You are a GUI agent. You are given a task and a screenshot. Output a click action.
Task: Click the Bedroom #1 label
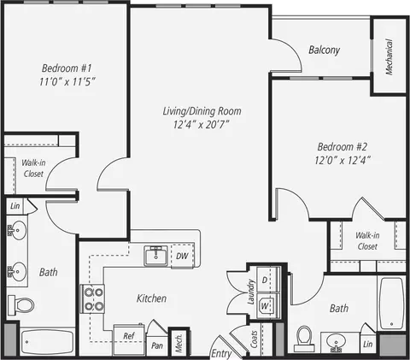click(67, 68)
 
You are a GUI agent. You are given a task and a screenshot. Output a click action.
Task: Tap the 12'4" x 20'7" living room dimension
click(202, 125)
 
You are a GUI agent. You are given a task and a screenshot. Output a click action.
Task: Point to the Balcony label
click(325, 50)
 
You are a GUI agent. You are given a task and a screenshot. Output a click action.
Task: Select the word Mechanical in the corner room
click(389, 56)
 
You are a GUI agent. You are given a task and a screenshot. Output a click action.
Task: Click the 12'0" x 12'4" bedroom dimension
click(343, 160)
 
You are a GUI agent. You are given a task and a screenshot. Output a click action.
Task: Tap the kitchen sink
click(155, 256)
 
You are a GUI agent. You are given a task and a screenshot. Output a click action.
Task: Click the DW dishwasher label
click(182, 256)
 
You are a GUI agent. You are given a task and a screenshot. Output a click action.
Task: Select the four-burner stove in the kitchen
click(93, 298)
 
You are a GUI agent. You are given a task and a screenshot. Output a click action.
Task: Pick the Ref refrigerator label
click(129, 336)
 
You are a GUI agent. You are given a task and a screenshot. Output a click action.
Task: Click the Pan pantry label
click(157, 345)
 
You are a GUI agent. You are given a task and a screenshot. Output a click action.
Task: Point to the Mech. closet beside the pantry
click(179, 344)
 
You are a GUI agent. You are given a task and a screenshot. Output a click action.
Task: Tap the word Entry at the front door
click(221, 354)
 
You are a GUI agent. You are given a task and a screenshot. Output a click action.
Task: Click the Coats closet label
click(254, 339)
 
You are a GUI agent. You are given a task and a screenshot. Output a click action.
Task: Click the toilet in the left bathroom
click(20, 305)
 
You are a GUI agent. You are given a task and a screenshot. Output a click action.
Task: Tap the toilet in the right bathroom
click(304, 339)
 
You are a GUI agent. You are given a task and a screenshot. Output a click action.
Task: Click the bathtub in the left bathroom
click(48, 342)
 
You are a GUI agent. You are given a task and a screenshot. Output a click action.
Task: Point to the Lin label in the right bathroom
click(368, 344)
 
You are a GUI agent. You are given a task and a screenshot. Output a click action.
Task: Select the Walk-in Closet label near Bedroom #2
click(367, 241)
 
